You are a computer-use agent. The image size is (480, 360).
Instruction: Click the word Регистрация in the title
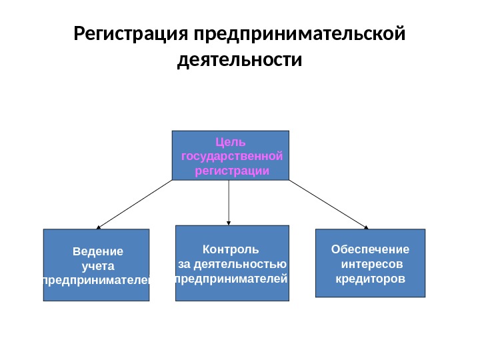point(130,33)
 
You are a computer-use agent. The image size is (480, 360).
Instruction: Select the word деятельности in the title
point(240,61)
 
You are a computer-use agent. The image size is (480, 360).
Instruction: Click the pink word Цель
point(231,141)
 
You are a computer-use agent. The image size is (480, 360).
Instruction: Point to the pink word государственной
point(231,156)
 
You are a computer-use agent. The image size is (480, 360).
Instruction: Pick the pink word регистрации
point(232,171)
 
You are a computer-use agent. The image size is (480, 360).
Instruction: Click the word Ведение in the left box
point(98,252)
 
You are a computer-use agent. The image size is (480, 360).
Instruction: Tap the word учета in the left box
point(98,267)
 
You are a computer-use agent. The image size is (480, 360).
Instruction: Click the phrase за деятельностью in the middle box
point(232,264)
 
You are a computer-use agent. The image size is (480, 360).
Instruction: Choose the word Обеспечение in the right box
point(370,249)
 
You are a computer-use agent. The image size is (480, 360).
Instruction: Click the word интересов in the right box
point(370,263)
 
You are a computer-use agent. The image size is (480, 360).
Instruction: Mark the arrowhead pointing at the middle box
point(229,222)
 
